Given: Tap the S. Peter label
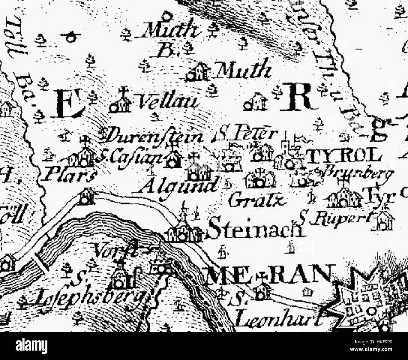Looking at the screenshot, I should [x=246, y=134].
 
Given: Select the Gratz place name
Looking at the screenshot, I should [x=257, y=200].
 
